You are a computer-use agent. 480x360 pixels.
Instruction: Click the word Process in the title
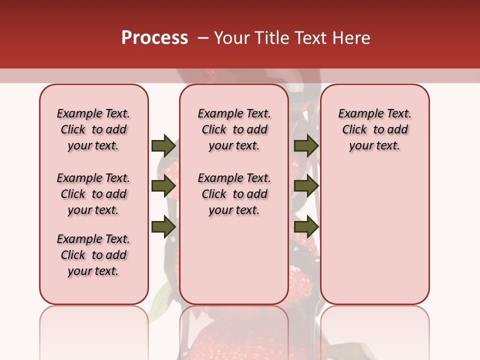point(154,38)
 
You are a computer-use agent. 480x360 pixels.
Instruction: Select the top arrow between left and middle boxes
point(163,145)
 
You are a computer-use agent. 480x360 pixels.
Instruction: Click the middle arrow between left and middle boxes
point(163,186)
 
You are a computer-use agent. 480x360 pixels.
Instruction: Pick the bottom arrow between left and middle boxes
point(163,226)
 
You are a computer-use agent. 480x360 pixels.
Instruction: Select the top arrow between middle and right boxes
point(306,145)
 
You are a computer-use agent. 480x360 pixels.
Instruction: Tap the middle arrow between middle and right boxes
point(306,186)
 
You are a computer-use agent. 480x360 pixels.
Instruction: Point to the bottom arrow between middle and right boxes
point(306,226)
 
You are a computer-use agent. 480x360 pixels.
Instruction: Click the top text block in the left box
point(93,129)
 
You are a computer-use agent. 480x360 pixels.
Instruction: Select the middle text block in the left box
point(93,194)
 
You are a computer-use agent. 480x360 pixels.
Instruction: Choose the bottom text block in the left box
point(93,255)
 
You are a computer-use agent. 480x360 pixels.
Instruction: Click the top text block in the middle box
point(234,129)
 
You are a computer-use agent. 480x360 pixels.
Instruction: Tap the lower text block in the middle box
point(234,194)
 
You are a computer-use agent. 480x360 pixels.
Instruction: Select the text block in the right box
point(374,129)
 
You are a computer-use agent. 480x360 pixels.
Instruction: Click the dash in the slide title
point(203,38)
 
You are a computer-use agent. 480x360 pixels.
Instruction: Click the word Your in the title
point(231,38)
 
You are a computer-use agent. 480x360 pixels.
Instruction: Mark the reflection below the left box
point(94,330)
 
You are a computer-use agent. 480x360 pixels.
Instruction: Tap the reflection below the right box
point(374,330)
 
